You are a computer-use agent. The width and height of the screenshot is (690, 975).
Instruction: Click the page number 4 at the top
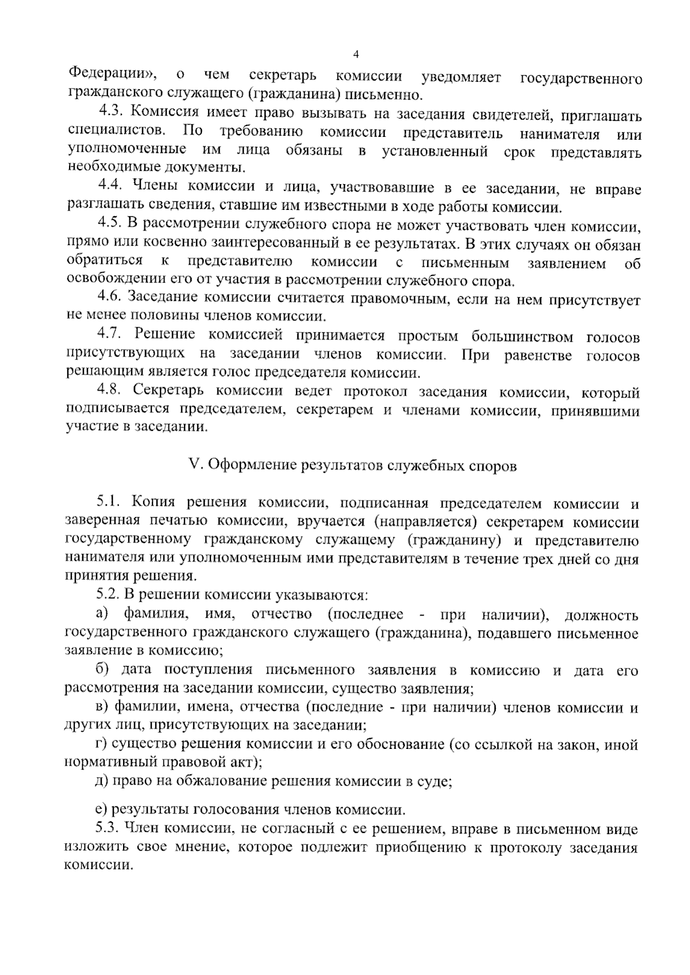point(356,55)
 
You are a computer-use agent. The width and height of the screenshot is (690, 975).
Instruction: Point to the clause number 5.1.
point(109,503)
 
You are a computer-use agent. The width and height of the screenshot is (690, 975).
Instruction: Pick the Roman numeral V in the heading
point(193,465)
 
